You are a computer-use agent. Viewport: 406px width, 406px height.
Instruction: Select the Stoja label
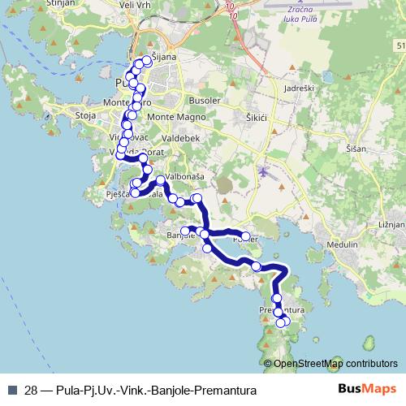(85, 116)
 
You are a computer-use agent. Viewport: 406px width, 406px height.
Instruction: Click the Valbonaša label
(185, 176)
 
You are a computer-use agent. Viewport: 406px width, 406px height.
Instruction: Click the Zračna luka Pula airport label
(301, 15)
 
